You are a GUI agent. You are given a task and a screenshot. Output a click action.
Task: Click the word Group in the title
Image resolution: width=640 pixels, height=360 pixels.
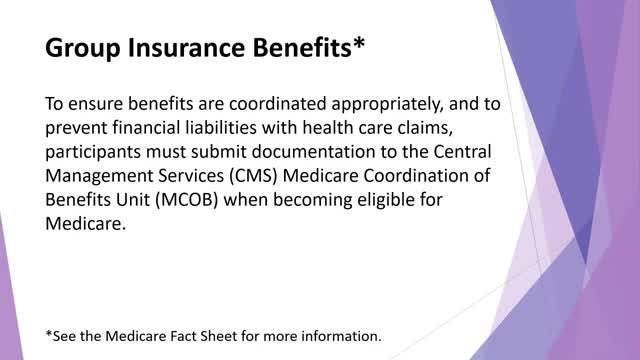click(x=83, y=48)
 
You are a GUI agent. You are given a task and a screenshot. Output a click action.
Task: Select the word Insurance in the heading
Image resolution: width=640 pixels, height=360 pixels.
click(x=187, y=47)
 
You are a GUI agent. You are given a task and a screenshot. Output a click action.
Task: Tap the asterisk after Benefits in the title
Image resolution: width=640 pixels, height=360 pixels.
click(x=359, y=42)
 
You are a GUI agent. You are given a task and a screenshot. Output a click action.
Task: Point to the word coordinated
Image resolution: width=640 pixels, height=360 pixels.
click(x=278, y=104)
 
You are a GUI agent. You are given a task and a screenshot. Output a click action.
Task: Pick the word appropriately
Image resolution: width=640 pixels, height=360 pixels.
click(x=387, y=105)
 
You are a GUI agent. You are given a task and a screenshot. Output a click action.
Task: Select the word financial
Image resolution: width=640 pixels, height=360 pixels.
click(x=146, y=128)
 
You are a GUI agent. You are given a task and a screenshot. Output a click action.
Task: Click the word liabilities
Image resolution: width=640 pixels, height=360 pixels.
click(x=221, y=128)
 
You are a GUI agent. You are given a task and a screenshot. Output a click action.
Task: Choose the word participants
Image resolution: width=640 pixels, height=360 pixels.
click(x=93, y=153)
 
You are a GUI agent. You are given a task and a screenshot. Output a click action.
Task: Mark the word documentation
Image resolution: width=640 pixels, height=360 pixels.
click(x=313, y=152)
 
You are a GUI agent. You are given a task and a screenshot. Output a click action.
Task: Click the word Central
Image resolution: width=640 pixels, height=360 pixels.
click(x=462, y=152)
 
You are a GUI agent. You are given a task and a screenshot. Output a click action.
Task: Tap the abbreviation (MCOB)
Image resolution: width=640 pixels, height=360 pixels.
click(x=186, y=200)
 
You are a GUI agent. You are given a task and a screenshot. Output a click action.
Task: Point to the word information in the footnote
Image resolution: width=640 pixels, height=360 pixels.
click(x=341, y=336)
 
